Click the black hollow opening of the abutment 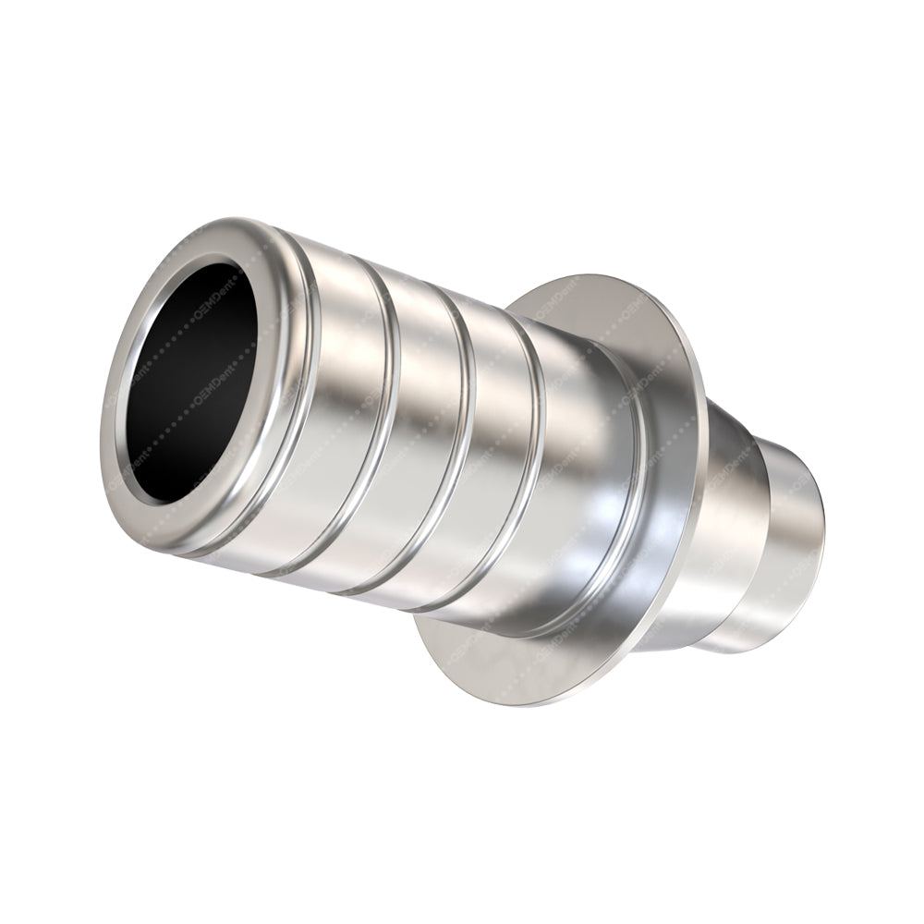click(199, 379)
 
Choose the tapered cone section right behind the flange click(730, 517)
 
